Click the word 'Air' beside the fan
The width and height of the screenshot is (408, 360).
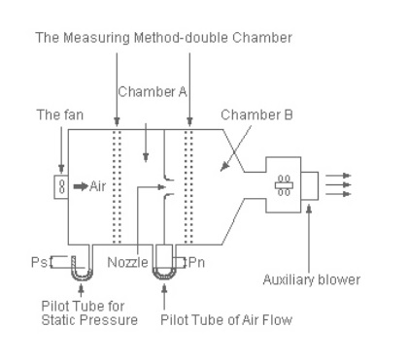coord(97,182)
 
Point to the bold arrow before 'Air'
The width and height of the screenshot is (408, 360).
coord(80,182)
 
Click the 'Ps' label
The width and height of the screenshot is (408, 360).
coord(41,262)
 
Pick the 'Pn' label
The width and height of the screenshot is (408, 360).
coord(198,262)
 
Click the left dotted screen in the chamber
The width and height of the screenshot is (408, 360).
coord(117,184)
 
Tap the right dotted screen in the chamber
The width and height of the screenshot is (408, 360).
coord(188,184)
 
